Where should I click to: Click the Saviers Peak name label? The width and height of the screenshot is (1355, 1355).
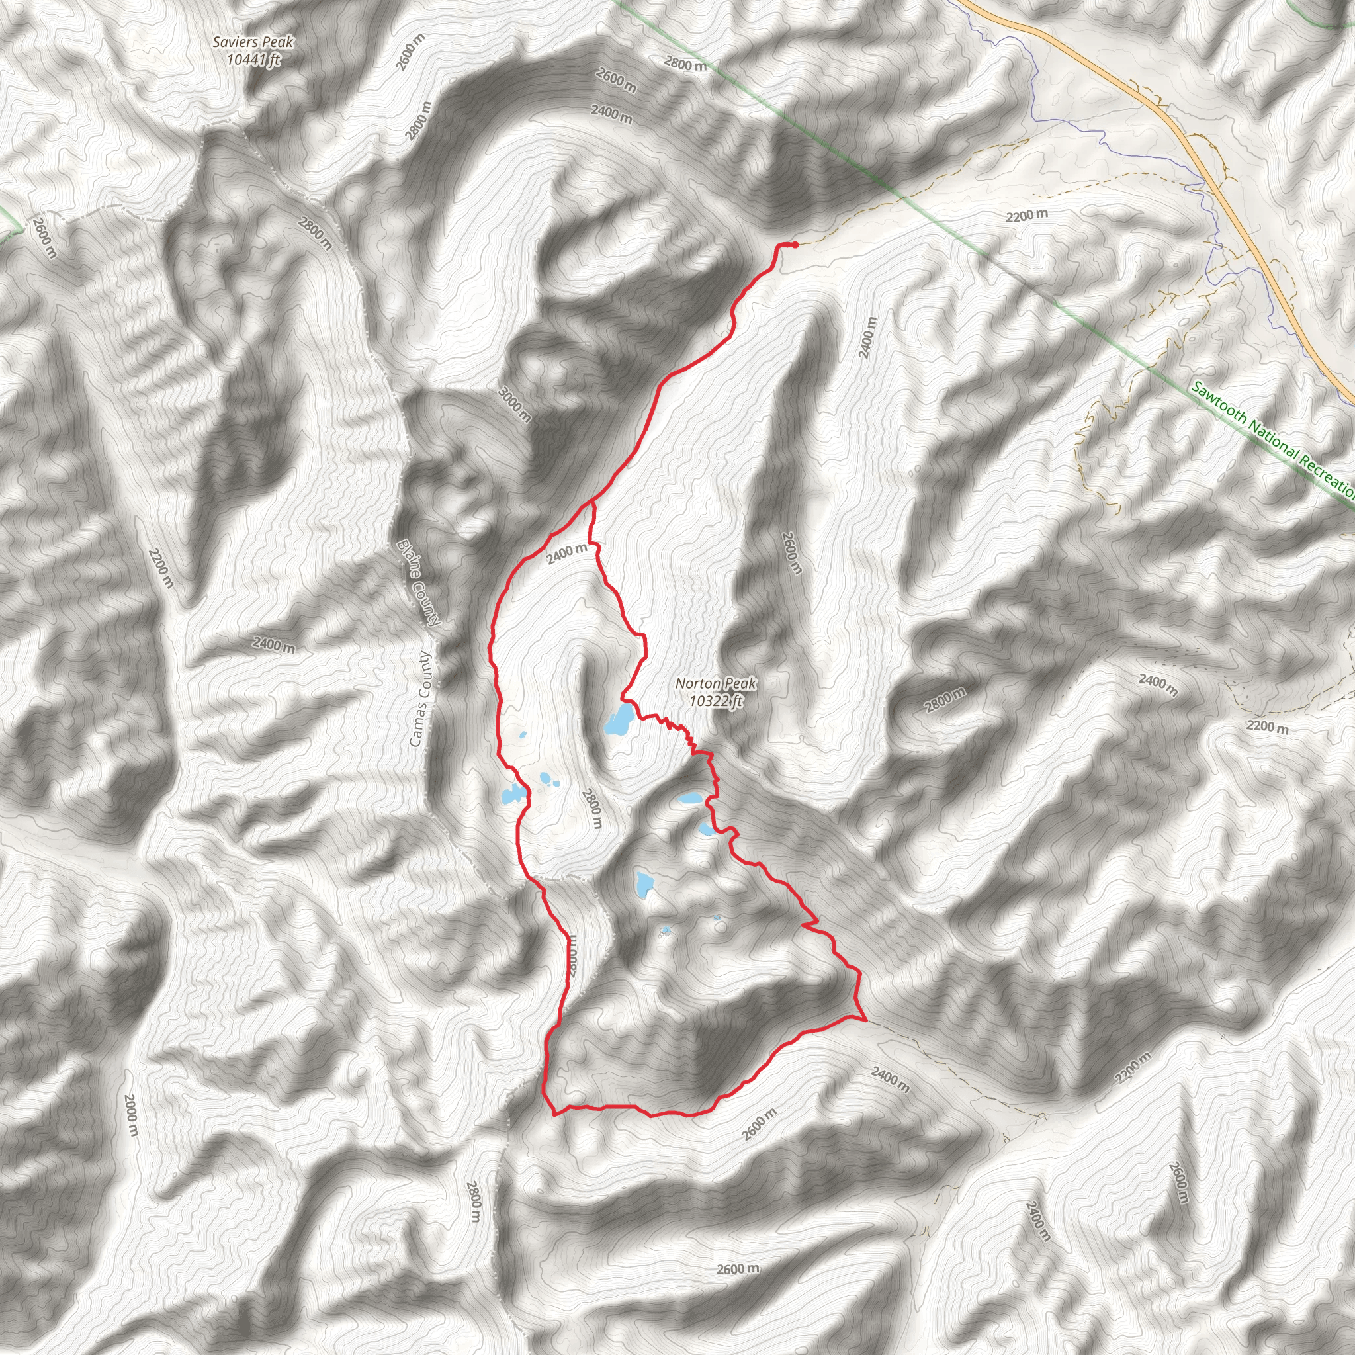(253, 43)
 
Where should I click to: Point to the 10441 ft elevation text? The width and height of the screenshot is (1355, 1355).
(253, 60)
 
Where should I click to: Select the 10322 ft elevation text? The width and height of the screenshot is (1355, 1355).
(715, 701)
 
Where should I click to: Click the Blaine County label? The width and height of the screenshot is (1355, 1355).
(419, 582)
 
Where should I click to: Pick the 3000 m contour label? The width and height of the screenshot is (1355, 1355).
(514, 404)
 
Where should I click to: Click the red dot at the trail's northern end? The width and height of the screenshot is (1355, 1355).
(795, 245)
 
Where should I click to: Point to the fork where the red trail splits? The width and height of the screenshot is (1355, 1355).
(593, 503)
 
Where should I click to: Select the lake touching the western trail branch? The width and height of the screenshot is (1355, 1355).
(513, 795)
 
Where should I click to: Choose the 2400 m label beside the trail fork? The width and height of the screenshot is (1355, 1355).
(567, 553)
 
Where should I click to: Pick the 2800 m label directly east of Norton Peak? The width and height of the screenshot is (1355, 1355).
(944, 701)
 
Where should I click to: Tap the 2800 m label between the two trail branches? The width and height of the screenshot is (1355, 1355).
(592, 808)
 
